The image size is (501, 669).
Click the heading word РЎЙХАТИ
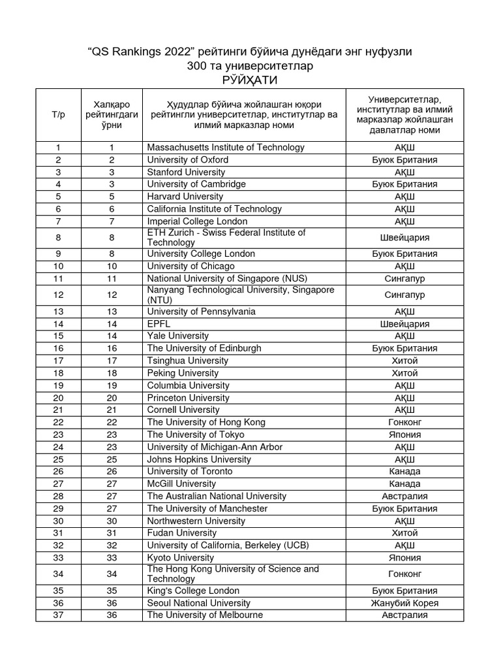pos(250,80)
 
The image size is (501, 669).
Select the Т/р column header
pos(58,114)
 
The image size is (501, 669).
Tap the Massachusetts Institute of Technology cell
pos(226,148)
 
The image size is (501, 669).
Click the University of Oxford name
pos(188,159)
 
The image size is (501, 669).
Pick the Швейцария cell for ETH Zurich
pos(404,237)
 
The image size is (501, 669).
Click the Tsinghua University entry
pos(188,361)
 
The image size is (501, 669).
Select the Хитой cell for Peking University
pos(404,373)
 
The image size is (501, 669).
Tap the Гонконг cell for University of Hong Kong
pos(404,422)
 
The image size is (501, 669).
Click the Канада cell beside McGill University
pos(404,484)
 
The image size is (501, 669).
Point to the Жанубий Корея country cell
pos(404,603)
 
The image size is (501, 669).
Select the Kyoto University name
pos(181,558)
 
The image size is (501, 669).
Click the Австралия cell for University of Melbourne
pos(404,615)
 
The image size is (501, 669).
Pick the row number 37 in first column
pos(58,615)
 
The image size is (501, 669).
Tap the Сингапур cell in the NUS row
pos(404,278)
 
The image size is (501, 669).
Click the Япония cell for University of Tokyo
pos(404,434)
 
